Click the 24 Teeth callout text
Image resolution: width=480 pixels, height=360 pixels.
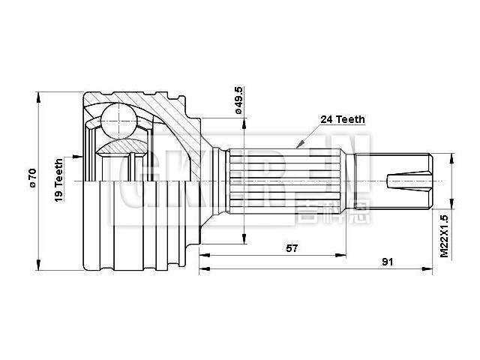click(342, 118)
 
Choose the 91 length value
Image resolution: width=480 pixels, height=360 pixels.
click(388, 262)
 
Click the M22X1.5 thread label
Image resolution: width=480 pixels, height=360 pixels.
click(444, 237)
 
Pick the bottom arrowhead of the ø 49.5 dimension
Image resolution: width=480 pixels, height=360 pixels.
click(243, 239)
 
